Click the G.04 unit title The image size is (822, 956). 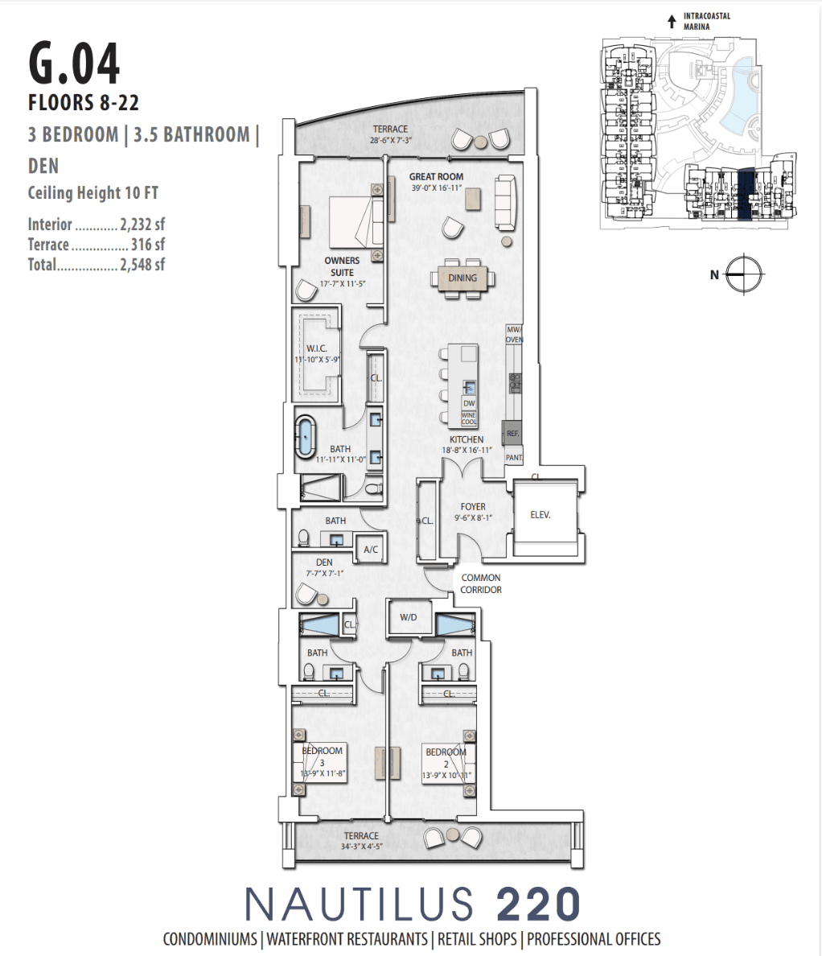(x=74, y=64)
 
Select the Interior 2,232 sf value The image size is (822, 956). (x=142, y=225)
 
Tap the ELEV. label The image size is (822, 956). (x=540, y=515)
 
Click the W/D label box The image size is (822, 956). (x=409, y=618)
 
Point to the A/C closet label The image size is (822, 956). (x=371, y=550)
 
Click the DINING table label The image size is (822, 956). (x=462, y=278)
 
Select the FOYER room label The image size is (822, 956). (x=473, y=507)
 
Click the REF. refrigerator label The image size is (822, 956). (x=512, y=433)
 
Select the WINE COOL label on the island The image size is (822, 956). (x=469, y=418)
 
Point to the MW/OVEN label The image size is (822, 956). (x=514, y=335)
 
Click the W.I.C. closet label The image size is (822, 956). (x=316, y=348)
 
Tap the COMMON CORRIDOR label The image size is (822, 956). (x=481, y=583)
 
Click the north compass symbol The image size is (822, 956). (x=745, y=274)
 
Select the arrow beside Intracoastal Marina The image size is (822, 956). (x=672, y=22)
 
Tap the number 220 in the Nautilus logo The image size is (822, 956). (x=538, y=904)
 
